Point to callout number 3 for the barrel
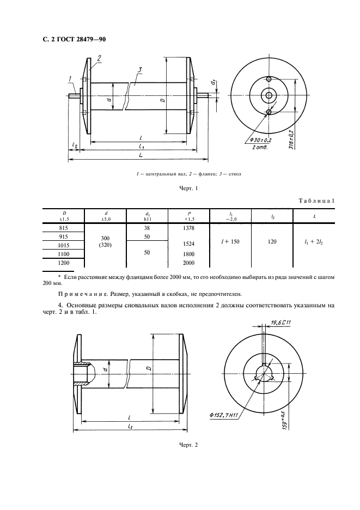[140, 69]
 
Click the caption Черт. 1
[188, 189]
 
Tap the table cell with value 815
[63, 228]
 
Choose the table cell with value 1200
[63, 262]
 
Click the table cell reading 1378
[189, 228]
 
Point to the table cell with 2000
[189, 262]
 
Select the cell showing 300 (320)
[106, 241]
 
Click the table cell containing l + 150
[231, 240]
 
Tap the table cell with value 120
[273, 240]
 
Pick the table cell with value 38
[147, 228]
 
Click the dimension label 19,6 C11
[280, 324]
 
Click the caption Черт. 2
[188, 445]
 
